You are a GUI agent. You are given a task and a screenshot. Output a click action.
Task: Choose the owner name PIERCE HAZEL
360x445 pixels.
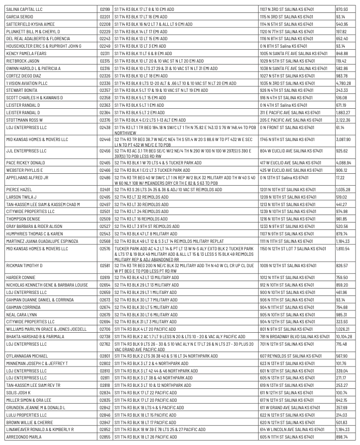tap(18, 189)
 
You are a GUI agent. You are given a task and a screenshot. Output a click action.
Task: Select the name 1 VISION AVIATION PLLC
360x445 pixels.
tap(29, 83)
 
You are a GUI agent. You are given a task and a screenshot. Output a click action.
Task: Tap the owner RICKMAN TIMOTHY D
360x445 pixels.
tap(25, 266)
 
